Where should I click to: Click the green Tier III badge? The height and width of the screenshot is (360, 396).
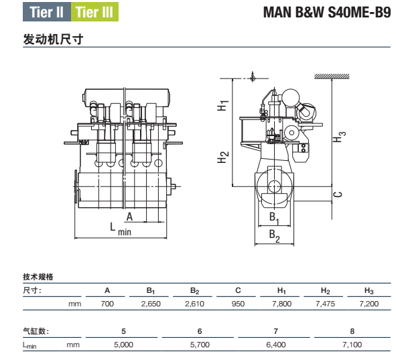pyautogui.click(x=94, y=12)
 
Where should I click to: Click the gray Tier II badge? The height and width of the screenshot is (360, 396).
pyautogui.click(x=47, y=12)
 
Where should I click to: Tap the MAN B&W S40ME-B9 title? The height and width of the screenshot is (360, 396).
pyautogui.click(x=327, y=12)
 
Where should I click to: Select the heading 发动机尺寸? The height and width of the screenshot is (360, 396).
pyautogui.click(x=53, y=39)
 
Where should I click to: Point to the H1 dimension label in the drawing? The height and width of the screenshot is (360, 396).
pyautogui.click(x=222, y=105)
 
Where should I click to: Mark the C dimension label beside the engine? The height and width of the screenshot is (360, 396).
pyautogui.click(x=338, y=194)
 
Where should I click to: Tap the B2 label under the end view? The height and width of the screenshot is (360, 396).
pyautogui.click(x=275, y=236)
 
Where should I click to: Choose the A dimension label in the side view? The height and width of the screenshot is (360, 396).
pyautogui.click(x=129, y=217)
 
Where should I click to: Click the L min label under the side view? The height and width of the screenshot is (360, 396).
pyautogui.click(x=121, y=229)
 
